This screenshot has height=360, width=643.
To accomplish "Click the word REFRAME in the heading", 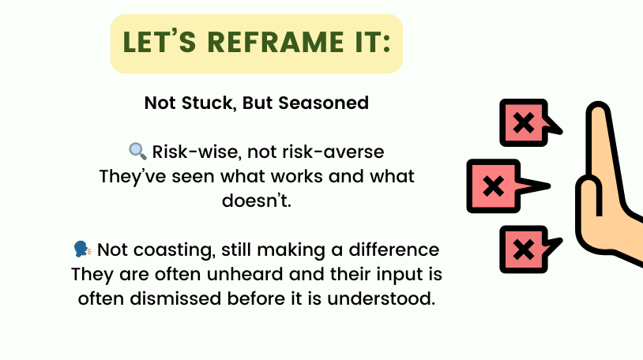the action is [x=276, y=42].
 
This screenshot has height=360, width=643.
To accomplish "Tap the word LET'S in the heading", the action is [x=159, y=41].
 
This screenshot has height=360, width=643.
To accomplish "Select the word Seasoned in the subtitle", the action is [x=324, y=103].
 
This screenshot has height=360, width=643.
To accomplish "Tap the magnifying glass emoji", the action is [x=137, y=152].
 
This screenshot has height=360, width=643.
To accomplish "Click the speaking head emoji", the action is [x=82, y=249].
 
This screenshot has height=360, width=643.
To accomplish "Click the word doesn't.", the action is [x=257, y=201].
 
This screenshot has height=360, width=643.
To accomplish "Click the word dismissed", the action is [x=175, y=298].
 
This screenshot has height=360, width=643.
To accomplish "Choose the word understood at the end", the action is [x=381, y=298].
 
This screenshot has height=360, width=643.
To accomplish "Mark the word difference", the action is [x=393, y=249].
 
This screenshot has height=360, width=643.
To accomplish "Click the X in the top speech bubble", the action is [x=524, y=122].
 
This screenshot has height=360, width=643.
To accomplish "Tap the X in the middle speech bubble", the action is [x=494, y=186].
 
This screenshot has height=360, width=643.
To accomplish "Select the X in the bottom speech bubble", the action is [x=524, y=249].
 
